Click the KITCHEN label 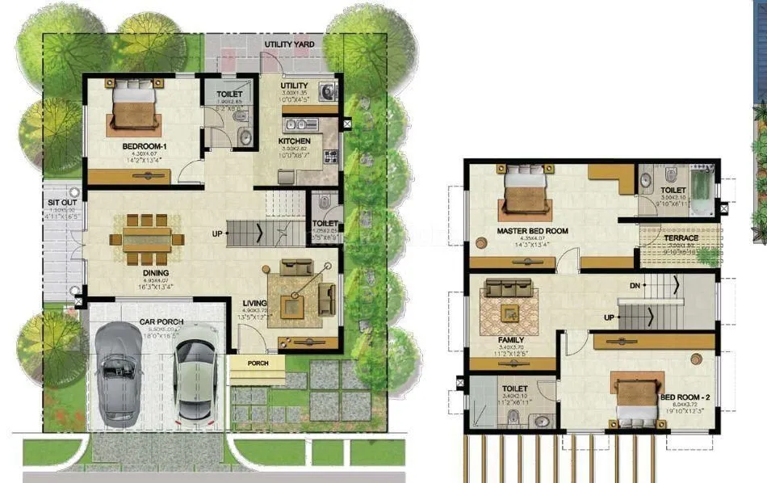tap(295, 141)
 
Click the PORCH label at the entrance tap(257, 363)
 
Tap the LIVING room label tap(255, 304)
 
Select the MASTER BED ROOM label tap(532, 231)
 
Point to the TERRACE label tap(681, 239)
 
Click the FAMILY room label tap(510, 340)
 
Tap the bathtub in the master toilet tap(702, 190)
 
